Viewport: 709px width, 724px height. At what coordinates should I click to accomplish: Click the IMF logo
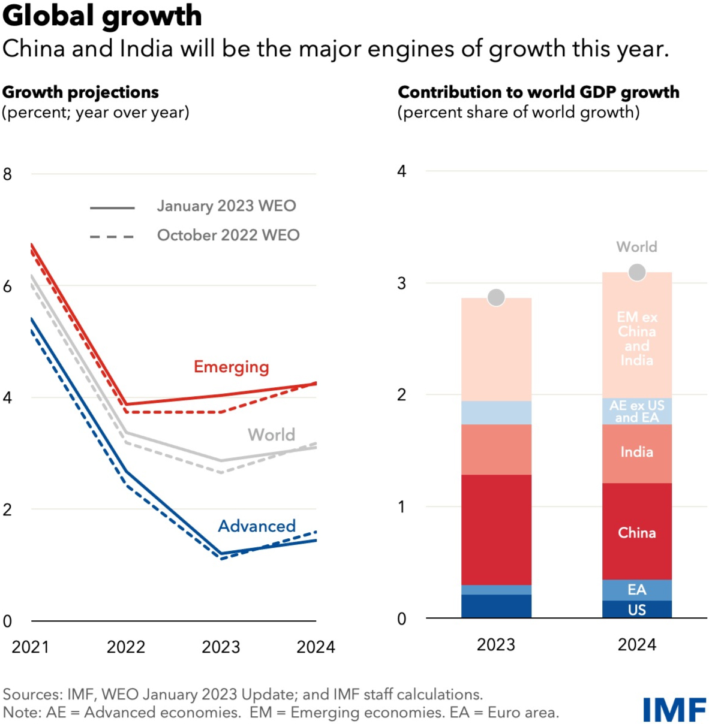[x=674, y=710]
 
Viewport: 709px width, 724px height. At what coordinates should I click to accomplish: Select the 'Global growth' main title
[x=102, y=16]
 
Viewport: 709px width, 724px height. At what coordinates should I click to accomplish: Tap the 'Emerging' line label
[x=231, y=367]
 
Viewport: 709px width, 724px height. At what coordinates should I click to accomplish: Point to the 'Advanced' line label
[x=257, y=526]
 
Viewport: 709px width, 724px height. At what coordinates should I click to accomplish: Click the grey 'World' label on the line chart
[x=271, y=435]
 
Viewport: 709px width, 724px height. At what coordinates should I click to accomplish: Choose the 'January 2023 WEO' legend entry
[x=226, y=206]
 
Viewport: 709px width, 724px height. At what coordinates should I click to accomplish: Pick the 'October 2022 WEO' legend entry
[x=228, y=235]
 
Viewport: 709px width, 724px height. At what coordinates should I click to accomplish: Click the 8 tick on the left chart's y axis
[x=7, y=174]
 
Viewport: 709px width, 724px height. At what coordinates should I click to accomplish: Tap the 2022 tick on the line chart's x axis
[x=126, y=647]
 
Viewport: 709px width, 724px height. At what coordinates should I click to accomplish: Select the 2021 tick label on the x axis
[x=31, y=647]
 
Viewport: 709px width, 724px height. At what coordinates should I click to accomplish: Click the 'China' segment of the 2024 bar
[x=637, y=532]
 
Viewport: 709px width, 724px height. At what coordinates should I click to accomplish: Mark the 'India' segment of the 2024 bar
[x=637, y=452]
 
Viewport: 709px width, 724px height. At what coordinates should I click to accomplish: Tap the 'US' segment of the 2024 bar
[x=637, y=610]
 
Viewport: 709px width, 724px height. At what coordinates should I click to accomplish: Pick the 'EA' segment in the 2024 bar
[x=637, y=590]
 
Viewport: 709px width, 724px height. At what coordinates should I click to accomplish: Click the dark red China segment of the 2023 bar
[x=496, y=530]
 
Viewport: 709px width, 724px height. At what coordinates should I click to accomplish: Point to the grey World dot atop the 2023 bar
[x=496, y=297]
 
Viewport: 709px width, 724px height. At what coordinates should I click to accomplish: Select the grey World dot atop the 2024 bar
[x=637, y=272]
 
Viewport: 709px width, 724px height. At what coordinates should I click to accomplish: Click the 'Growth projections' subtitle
[x=80, y=92]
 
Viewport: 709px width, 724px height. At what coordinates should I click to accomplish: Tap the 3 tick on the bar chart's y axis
[x=402, y=283]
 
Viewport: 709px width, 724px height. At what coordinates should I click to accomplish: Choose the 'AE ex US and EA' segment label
[x=637, y=411]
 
